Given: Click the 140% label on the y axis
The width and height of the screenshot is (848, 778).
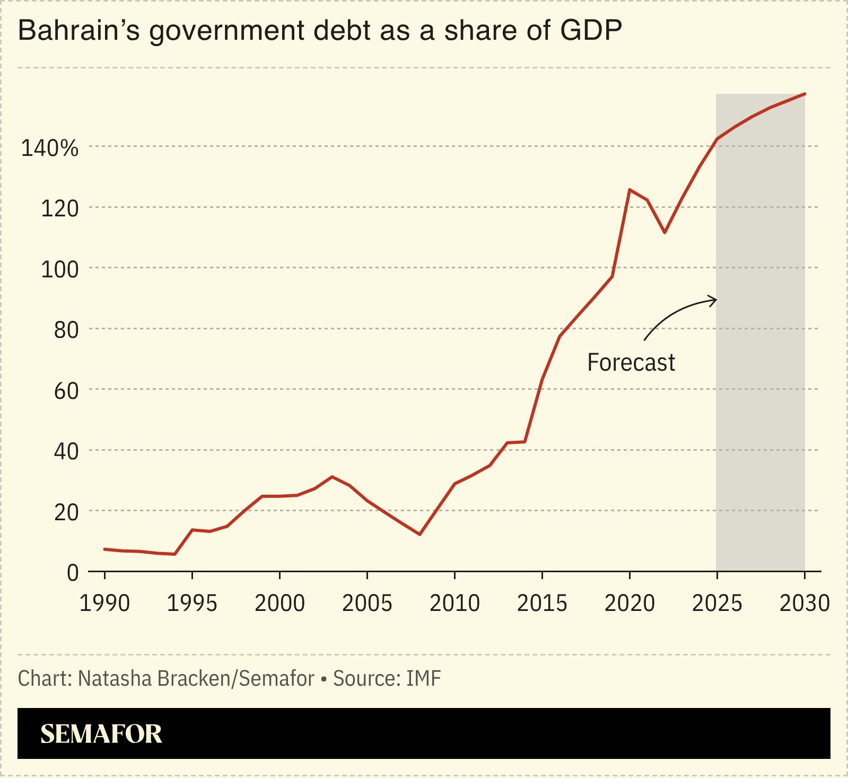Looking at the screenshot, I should (49, 148).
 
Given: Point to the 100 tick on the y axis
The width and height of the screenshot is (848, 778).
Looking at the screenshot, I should (59, 269).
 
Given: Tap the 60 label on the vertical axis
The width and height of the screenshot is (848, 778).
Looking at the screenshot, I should (66, 391).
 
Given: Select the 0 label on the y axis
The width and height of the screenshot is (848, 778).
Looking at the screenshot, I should (73, 573).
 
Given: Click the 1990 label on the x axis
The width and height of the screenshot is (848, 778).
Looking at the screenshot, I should (104, 604).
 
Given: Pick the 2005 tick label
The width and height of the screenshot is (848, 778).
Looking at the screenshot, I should (367, 604).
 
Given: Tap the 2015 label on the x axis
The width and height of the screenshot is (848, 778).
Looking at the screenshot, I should (542, 604).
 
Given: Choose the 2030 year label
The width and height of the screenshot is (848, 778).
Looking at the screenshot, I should (804, 604).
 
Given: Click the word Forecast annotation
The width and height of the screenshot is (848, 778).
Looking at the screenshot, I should (631, 363).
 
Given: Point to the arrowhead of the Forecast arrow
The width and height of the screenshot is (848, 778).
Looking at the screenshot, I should (714, 300).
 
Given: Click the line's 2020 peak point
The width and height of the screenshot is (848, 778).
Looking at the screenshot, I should (630, 189).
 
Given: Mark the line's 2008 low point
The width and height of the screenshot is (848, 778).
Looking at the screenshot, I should (419, 534).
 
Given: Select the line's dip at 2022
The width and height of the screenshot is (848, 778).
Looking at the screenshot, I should (665, 232).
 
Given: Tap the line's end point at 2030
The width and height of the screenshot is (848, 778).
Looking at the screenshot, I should (805, 94).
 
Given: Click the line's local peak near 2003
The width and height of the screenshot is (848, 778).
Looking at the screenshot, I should (332, 477).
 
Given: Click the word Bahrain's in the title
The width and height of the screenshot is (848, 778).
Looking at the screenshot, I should (78, 31).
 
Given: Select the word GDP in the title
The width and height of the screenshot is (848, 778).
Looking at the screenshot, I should (591, 31).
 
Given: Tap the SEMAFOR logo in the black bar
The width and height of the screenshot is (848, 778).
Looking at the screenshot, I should (101, 734).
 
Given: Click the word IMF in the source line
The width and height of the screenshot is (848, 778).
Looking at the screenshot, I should (424, 679).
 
